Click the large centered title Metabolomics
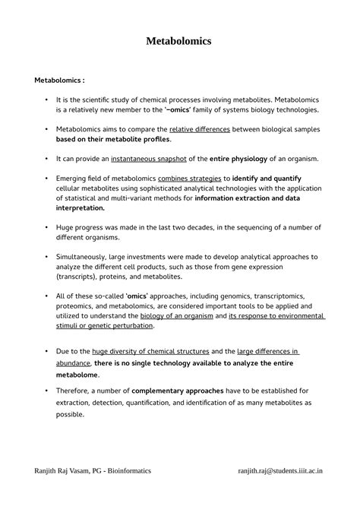179,40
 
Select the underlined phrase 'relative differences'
200,129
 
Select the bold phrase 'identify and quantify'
268,179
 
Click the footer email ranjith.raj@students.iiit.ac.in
280,471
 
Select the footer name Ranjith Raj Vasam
69,471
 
